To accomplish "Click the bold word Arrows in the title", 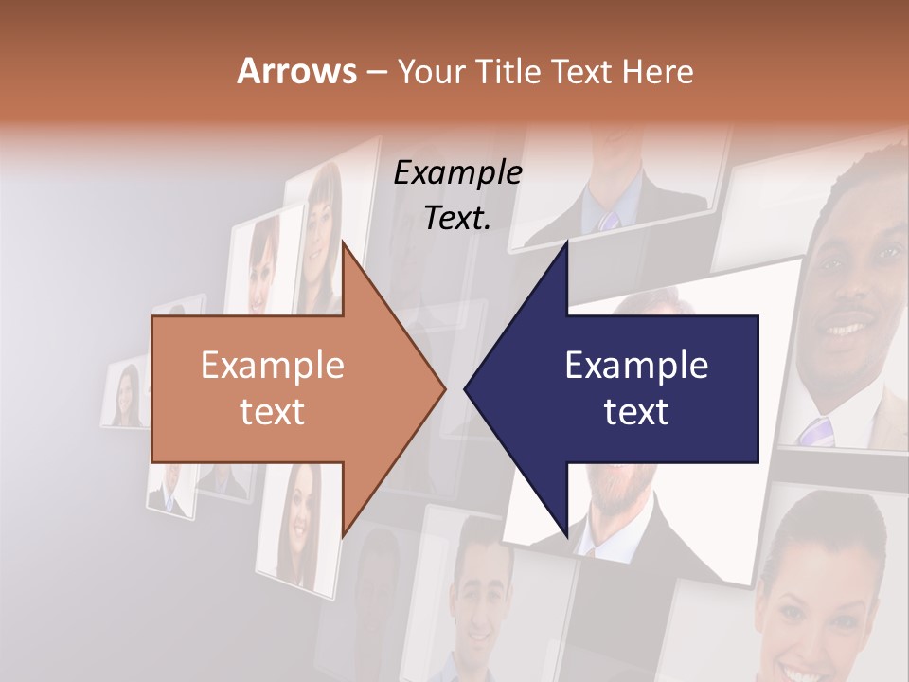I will tap(295, 71).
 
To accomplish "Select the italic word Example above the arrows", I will tap(457, 173).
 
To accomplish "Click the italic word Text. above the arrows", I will tap(457, 218).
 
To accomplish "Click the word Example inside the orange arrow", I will tap(272, 366).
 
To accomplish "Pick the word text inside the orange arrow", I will tap(272, 411).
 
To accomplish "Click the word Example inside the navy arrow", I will tap(636, 366).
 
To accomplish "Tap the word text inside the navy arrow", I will tap(636, 411).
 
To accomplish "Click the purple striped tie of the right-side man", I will tap(814, 431).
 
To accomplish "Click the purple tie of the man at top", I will tap(608, 220).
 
